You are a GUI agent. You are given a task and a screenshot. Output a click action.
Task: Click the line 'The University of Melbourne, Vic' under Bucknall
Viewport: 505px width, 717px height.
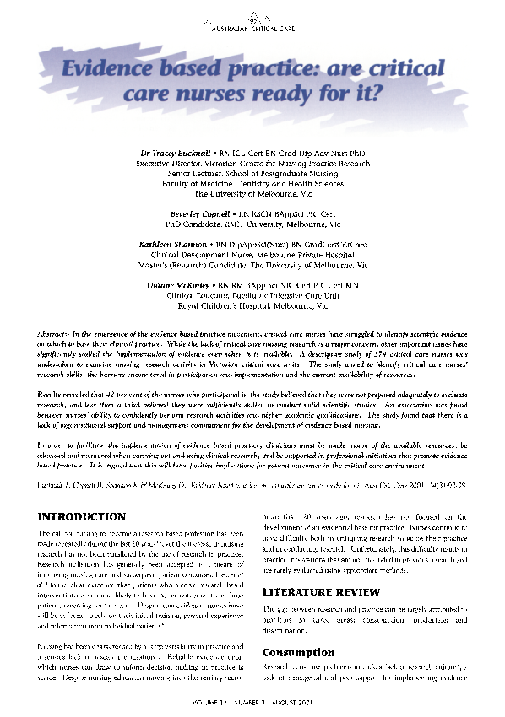(x=252, y=192)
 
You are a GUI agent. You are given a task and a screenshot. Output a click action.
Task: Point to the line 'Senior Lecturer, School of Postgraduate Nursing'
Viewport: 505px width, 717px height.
(x=252, y=172)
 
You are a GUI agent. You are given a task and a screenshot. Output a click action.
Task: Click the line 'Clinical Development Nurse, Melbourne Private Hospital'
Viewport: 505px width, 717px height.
(x=252, y=253)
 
